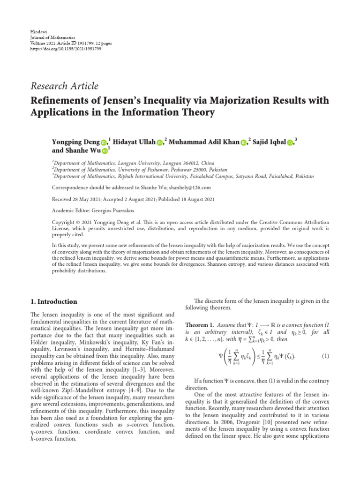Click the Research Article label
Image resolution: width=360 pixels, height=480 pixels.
(x=64, y=86)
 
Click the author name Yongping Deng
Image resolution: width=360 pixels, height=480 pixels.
(x=75, y=142)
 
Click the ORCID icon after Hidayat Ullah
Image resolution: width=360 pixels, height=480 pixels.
(x=160, y=142)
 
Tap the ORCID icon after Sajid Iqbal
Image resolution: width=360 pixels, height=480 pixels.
(x=290, y=142)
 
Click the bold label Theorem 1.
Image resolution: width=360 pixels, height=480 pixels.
(x=200, y=325)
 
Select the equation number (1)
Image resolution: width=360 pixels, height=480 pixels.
(x=325, y=356)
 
